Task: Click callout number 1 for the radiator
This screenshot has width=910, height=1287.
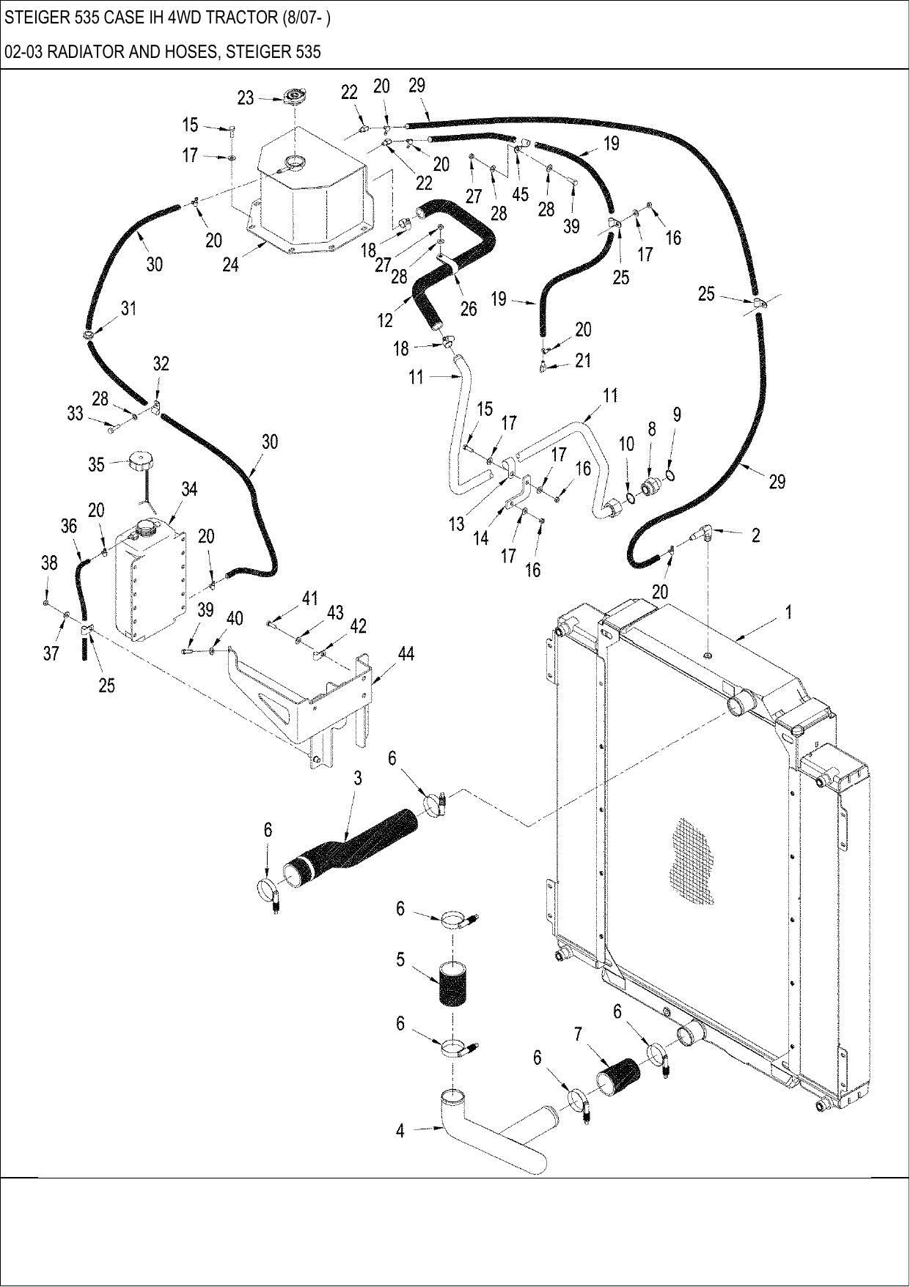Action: coord(788,612)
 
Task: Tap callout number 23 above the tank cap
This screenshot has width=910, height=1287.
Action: coord(246,98)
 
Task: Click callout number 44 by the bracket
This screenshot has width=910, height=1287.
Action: coord(406,653)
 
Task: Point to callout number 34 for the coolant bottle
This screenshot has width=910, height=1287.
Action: coord(189,489)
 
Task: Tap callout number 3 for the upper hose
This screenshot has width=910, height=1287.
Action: coord(358,778)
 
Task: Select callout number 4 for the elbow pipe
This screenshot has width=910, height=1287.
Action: coord(400,1132)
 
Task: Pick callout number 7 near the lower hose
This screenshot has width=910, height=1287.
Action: coord(578,1034)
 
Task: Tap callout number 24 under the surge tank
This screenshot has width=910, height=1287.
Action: coord(230,265)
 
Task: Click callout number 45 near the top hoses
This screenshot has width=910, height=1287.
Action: coord(520,194)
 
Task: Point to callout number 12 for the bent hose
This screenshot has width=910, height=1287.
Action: coord(385,320)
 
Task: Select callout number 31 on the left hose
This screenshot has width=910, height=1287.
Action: coord(128,309)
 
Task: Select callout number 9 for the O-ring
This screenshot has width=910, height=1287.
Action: coord(677,415)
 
